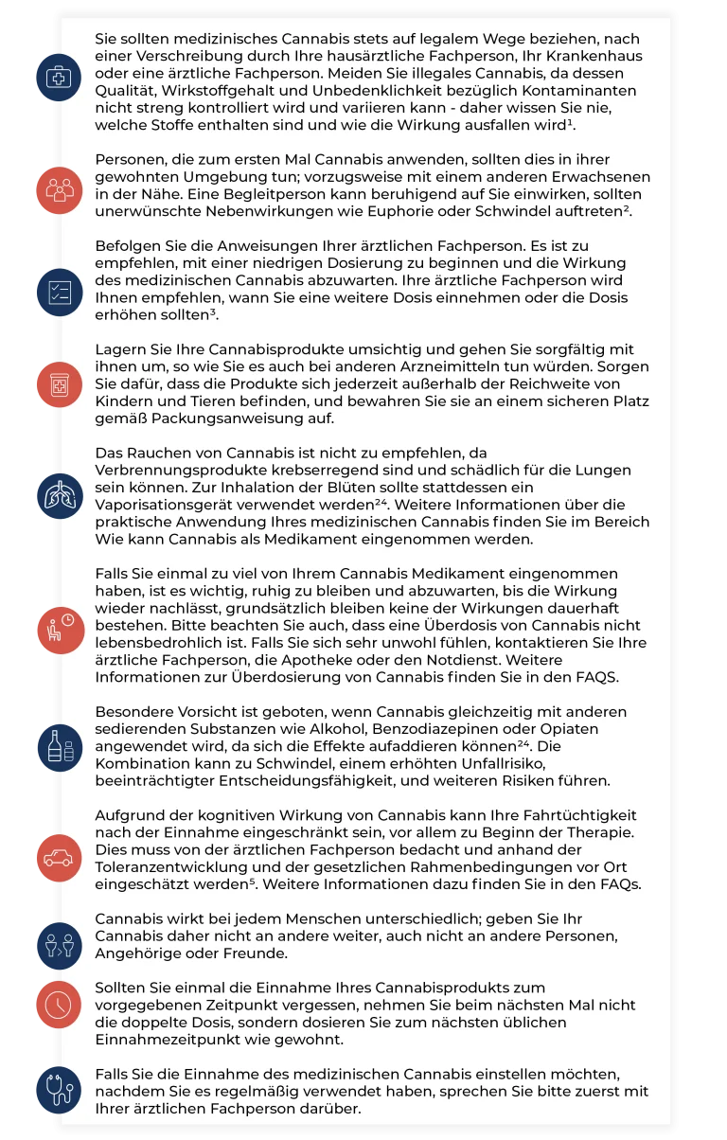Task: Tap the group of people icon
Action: (x=60, y=188)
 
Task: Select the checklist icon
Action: (x=60, y=291)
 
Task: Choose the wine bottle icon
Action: (x=60, y=744)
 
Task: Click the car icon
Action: (x=60, y=858)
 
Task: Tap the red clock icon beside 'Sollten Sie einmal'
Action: (x=60, y=1005)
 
